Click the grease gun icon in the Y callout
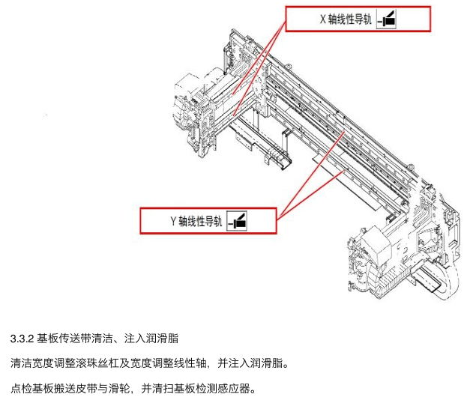pos(237,221)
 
